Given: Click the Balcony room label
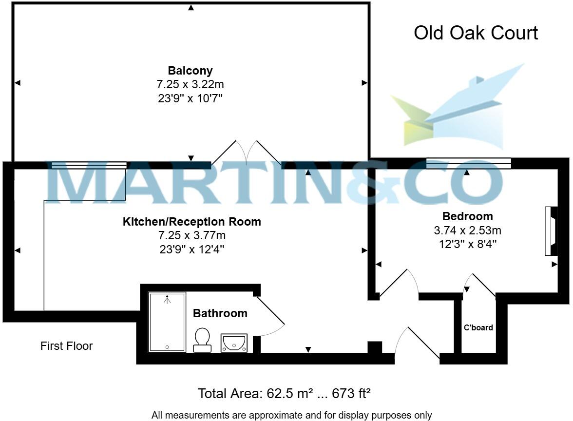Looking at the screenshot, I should point(190,71).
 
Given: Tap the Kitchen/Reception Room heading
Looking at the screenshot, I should point(191,222).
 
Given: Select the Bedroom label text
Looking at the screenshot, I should point(467,216).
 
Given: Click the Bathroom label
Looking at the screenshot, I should point(220,313).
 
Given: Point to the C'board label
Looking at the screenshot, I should point(478,327).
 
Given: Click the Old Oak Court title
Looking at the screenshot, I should point(476,33).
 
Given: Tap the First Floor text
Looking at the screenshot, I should point(66,346).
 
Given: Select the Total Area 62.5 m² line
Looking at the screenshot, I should point(284,393).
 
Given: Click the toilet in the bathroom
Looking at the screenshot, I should point(202,340).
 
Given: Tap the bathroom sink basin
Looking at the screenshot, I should point(234,343).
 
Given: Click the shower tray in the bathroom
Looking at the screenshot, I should point(167,322).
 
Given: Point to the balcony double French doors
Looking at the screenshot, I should point(247,153).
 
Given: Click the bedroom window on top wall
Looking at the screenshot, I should point(468,164).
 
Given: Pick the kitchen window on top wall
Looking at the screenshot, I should point(89,165).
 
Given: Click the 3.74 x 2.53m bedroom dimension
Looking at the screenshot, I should point(467,230).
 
